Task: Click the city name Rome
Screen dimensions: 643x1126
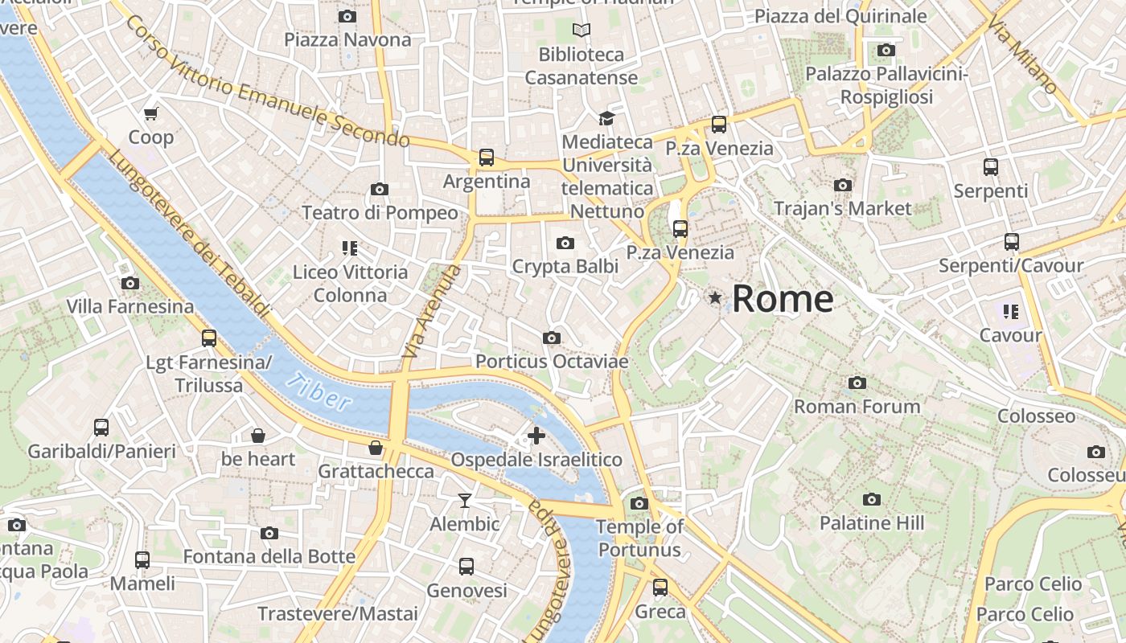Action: [782, 299]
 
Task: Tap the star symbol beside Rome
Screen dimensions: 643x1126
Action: [714, 298]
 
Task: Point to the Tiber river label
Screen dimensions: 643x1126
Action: [322, 391]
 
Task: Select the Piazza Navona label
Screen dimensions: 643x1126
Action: [347, 39]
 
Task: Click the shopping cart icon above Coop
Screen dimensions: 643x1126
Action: [150, 113]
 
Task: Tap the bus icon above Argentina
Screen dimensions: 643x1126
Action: [486, 158]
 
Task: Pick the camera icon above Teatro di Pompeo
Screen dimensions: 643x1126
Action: [380, 190]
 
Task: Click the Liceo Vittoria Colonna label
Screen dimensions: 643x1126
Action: [350, 284]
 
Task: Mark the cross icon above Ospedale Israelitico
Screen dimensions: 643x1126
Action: [536, 436]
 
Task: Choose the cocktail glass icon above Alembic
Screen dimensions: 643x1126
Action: [465, 501]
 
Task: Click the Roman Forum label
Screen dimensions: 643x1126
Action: [857, 407]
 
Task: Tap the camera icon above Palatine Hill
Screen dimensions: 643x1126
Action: [871, 500]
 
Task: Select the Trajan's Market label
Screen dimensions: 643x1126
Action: [842, 209]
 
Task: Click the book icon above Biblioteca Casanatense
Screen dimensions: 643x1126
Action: [581, 31]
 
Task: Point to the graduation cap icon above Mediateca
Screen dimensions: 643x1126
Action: [606, 119]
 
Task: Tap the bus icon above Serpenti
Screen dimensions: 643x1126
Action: [991, 167]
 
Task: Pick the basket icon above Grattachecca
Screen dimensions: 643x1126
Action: [376, 448]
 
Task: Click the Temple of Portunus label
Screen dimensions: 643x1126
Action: [639, 539]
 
